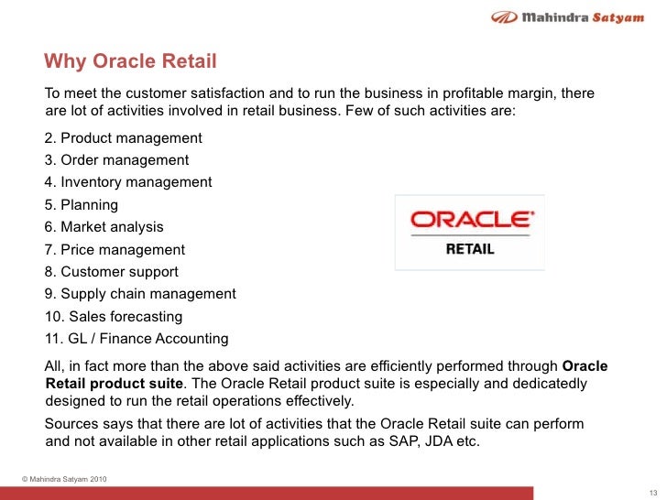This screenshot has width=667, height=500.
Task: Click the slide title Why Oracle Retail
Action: (130, 62)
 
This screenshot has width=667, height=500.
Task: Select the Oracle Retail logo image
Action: (470, 232)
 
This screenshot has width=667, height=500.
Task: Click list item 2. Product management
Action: (123, 138)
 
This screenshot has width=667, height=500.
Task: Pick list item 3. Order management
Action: (116, 160)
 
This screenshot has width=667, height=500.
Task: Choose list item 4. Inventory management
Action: (127, 182)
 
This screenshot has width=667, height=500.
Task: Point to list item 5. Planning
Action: (81, 205)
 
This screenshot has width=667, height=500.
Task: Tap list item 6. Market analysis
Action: (104, 227)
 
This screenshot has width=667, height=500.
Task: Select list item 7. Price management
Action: (114, 249)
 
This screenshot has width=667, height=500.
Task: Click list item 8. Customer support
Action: (111, 272)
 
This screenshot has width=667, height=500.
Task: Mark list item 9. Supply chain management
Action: (139, 294)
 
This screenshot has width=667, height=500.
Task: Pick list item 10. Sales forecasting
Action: (113, 316)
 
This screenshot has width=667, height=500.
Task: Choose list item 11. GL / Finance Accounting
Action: (136, 339)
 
